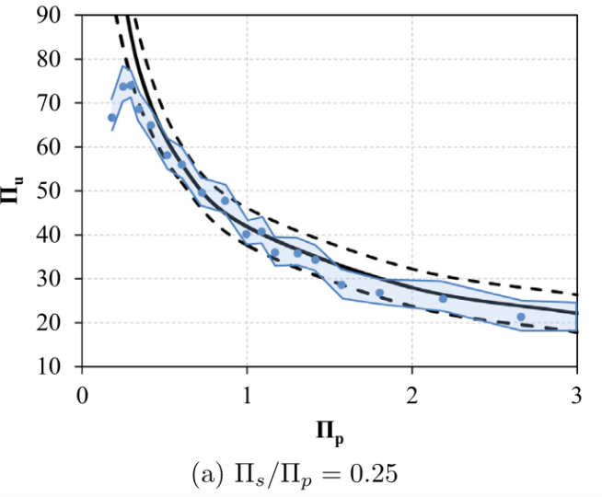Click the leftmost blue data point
tap(112, 118)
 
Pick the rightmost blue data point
tap(521, 317)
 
